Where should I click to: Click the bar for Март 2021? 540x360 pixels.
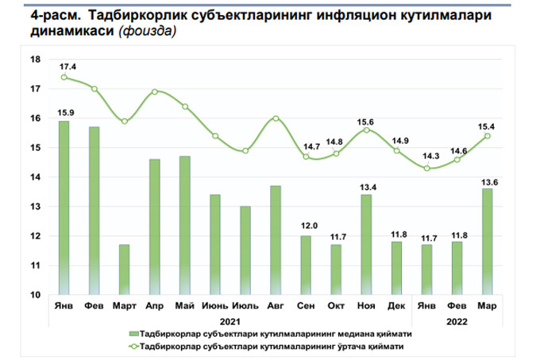pos(124,269)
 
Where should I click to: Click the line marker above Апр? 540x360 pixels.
pos(155,91)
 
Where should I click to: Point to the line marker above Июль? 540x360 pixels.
pos(245,151)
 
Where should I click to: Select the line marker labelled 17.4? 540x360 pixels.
pos(64,77)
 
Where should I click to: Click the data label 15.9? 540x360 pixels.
pos(64,111)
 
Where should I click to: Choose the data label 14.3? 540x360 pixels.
pos(427,157)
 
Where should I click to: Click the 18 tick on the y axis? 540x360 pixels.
pos(35,60)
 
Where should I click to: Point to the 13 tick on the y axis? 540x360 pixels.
pos(35,207)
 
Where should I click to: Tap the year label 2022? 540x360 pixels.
pos(457,321)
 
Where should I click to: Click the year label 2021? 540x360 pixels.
pos(230,321)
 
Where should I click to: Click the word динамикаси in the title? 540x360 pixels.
pos(60,33)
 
